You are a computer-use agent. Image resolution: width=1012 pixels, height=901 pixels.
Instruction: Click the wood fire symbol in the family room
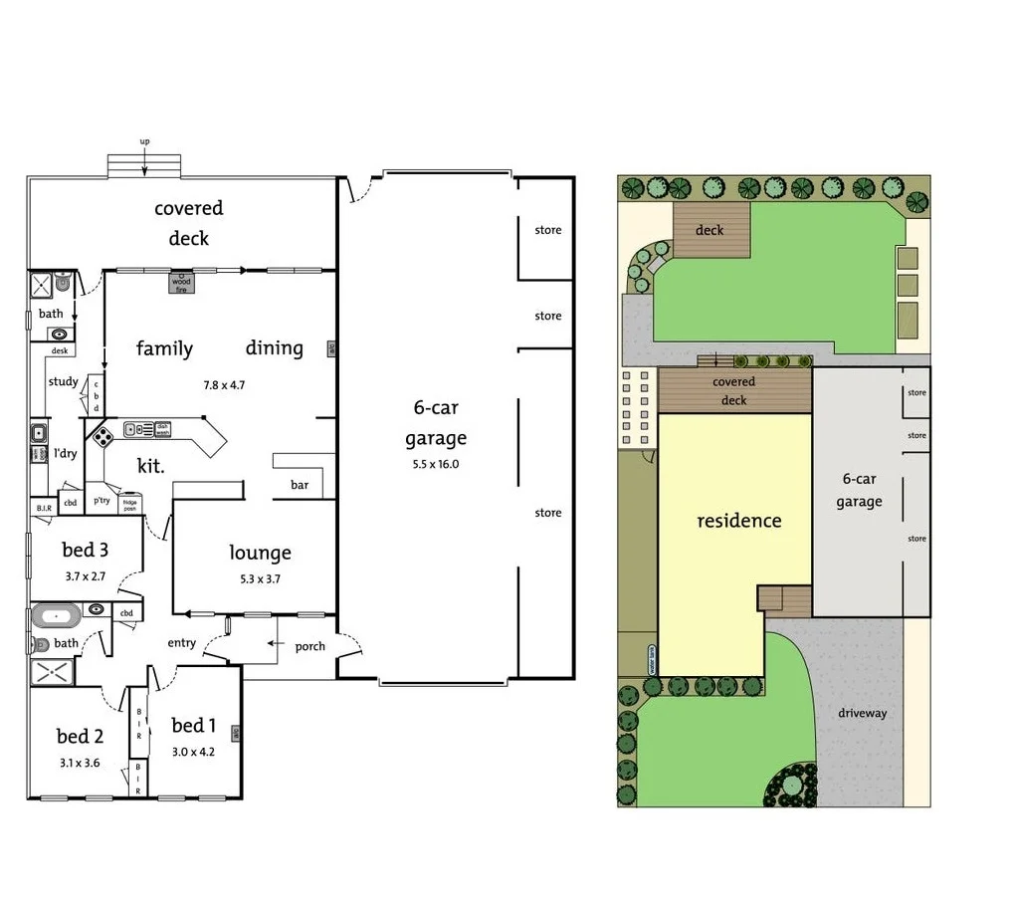pos(181,283)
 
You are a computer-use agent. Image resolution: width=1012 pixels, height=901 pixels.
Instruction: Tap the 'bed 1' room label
pos(193,725)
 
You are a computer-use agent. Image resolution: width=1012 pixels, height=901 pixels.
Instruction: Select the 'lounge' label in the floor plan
pos(260,553)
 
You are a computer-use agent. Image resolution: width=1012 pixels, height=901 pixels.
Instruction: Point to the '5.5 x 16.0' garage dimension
pos(436,464)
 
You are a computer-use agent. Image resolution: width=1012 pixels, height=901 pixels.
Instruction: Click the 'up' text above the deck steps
pos(144,141)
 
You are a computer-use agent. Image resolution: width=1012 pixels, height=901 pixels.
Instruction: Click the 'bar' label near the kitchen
pos(300,485)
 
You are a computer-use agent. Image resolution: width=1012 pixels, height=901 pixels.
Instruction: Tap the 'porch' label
pos(309,646)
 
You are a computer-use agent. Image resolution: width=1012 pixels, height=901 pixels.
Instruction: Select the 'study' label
pos(63,381)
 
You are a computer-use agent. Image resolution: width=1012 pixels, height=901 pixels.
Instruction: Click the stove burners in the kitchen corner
pos(101,435)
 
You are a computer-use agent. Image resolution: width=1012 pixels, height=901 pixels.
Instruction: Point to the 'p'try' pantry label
pos(101,501)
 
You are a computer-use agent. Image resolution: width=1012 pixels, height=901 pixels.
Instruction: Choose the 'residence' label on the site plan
pos(738,521)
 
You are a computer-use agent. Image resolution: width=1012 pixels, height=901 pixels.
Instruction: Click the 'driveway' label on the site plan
pos(862,713)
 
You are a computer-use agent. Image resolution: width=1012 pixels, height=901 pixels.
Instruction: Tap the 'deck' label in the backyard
pos(709,230)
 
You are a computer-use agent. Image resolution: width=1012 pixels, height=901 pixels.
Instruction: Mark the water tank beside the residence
pos(652,659)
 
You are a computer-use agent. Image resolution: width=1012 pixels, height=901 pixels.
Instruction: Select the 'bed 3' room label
pos(85,550)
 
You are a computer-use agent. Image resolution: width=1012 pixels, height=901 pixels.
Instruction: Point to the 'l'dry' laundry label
pos(65,454)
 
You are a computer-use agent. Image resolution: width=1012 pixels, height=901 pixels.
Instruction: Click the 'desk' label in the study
pos(60,350)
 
